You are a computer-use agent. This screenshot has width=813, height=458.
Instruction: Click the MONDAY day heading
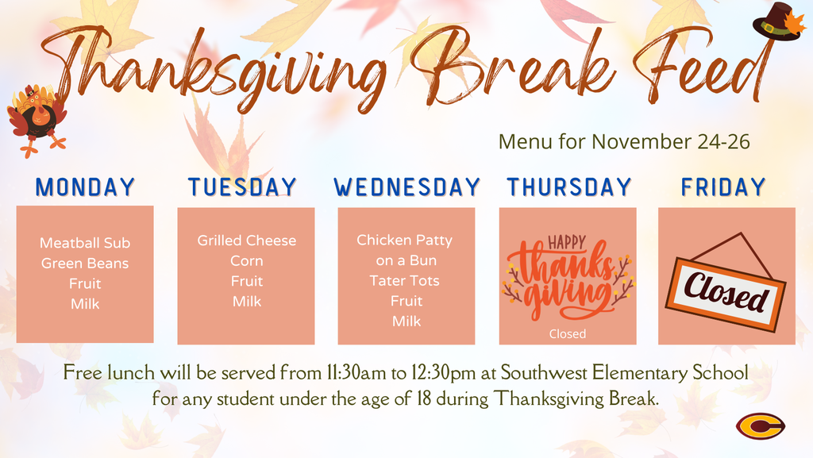click(x=86, y=187)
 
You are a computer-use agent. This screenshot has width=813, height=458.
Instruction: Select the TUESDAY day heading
click(x=242, y=187)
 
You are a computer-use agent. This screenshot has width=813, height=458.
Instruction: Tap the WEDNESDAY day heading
click(x=406, y=187)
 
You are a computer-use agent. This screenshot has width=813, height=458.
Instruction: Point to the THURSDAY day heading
click(x=568, y=187)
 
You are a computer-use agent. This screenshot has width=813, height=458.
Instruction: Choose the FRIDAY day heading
click(x=723, y=187)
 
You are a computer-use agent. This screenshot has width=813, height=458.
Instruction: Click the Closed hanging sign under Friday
click(x=726, y=288)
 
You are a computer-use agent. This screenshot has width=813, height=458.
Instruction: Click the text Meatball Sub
click(x=85, y=243)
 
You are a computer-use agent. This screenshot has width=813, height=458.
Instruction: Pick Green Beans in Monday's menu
click(x=85, y=264)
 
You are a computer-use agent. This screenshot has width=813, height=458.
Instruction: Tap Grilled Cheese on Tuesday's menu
click(x=246, y=241)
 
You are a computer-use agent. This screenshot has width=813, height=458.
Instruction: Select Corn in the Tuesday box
click(x=246, y=261)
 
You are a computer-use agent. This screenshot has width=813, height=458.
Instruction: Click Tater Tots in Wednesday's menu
click(x=404, y=281)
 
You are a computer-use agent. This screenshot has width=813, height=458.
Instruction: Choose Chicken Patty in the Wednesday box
click(x=404, y=240)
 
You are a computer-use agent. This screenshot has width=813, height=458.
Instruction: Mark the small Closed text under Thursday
click(x=567, y=334)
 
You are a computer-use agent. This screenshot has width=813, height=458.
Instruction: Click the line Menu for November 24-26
click(x=624, y=142)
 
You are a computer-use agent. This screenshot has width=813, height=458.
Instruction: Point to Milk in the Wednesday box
click(x=406, y=321)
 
